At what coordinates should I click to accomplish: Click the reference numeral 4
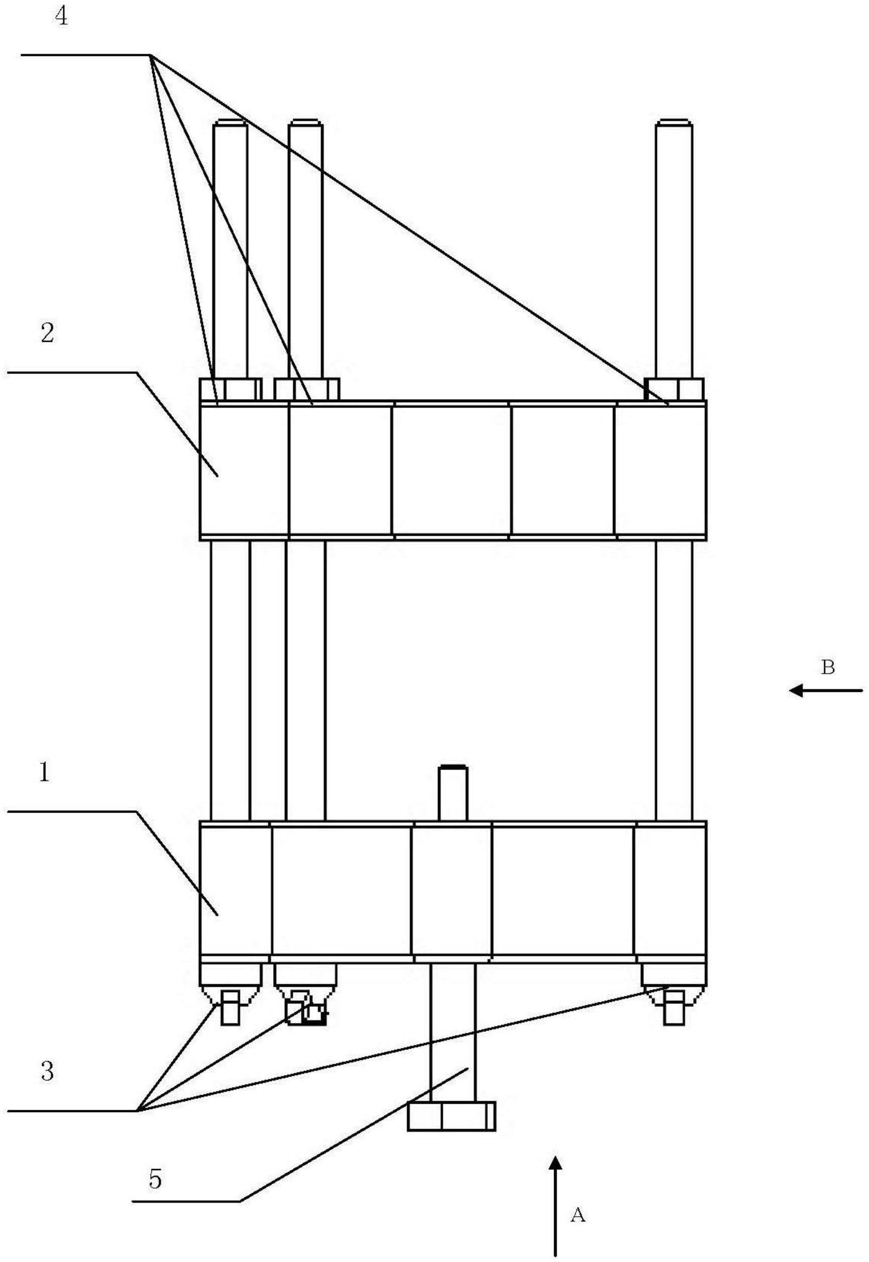[x=61, y=17]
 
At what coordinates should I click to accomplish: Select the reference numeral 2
[x=47, y=333]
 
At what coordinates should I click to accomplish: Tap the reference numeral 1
[x=44, y=772]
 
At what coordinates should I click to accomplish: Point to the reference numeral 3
[x=47, y=1072]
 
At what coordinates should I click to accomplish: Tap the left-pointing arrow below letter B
[x=826, y=691]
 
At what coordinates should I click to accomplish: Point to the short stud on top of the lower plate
[x=453, y=793]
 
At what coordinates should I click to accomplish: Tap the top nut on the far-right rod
[x=674, y=389]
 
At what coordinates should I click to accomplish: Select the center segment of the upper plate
[x=452, y=470]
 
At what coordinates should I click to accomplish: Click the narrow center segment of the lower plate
[x=452, y=893]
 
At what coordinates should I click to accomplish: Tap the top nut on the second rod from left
[x=307, y=390]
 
